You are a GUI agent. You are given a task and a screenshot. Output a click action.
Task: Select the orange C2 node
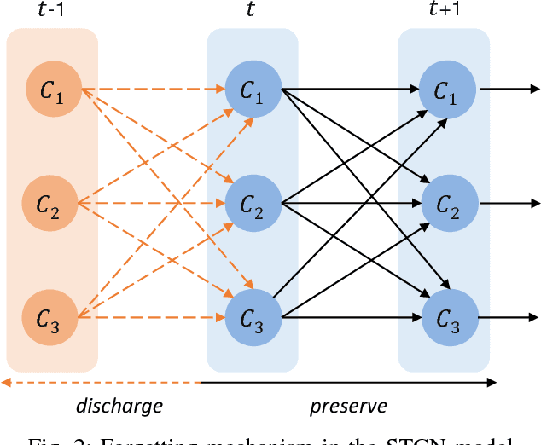(x=52, y=204)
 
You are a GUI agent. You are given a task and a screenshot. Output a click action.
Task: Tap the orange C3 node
(x=52, y=318)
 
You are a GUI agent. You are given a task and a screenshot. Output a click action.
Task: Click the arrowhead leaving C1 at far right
(x=533, y=88)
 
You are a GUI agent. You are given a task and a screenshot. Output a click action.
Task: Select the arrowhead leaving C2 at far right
(x=533, y=204)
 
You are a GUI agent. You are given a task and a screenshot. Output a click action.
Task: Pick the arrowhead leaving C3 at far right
(x=533, y=318)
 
